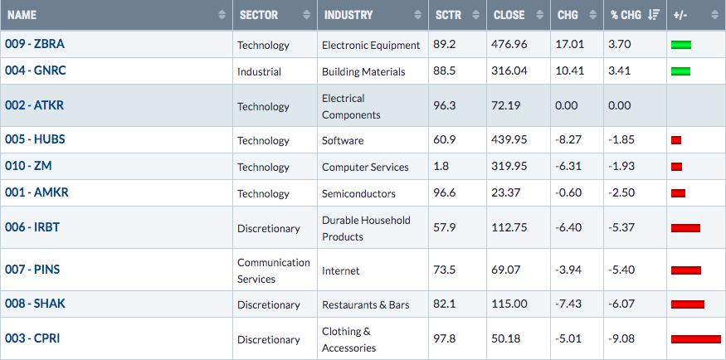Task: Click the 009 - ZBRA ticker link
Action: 35,44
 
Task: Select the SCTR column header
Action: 448,15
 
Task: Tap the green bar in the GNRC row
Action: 680,71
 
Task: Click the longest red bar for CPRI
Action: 696,339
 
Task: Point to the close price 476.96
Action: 509,45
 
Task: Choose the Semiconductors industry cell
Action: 358,193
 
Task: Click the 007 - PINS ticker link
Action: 32,270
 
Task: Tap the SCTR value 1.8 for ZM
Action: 441,166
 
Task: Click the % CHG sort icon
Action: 654,15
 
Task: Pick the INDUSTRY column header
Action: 348,15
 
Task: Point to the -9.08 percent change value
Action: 621,338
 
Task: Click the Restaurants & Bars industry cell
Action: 366,305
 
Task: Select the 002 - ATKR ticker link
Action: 34,105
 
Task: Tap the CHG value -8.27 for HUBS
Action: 568,139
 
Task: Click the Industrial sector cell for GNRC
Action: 259,71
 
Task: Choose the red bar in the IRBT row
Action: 685,227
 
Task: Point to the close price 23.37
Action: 506,192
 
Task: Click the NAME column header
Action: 22,15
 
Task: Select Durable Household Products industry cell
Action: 366,228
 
